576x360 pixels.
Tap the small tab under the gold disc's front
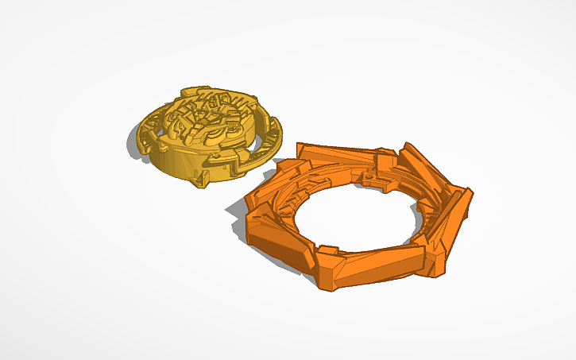point(199,182)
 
